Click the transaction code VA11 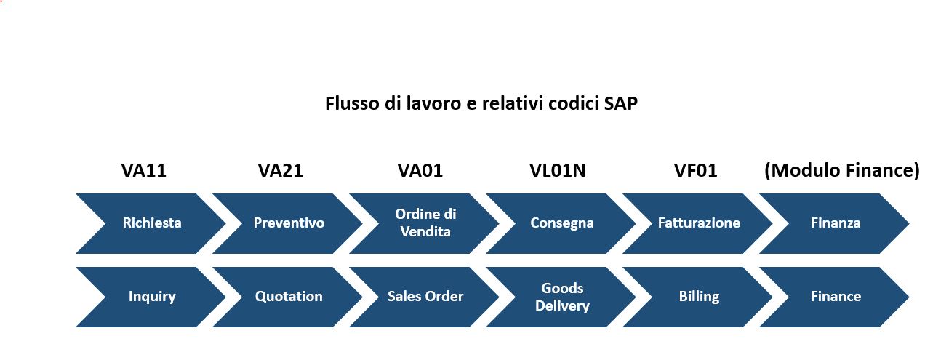(x=143, y=170)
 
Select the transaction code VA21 (x=281, y=170)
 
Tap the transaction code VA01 (x=420, y=170)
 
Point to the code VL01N (x=558, y=170)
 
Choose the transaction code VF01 (x=696, y=170)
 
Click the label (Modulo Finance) (x=842, y=171)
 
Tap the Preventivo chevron (x=288, y=223)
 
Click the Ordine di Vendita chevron (x=425, y=223)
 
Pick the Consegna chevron (x=561, y=223)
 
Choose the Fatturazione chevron (x=698, y=223)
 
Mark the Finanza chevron (x=835, y=223)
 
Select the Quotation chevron (x=288, y=297)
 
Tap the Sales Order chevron (x=425, y=297)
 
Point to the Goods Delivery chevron (x=561, y=297)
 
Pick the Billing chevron (x=698, y=297)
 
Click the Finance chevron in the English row (x=835, y=297)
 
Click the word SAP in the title (x=621, y=103)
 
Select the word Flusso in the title (x=352, y=103)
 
